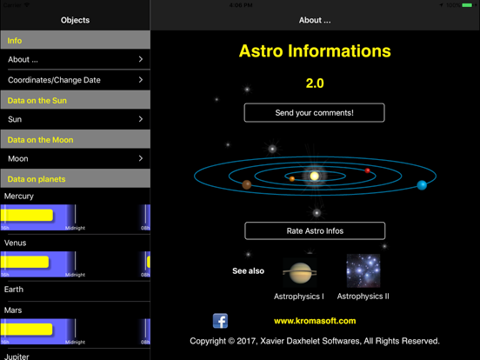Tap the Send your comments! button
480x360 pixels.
[314, 113]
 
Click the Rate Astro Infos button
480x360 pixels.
[314, 231]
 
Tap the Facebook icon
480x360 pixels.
[220, 322]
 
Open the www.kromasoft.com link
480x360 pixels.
[315, 321]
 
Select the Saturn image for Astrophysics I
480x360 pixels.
[299, 272]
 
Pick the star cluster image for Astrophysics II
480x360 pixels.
[363, 271]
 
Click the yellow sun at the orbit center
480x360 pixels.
[315, 177]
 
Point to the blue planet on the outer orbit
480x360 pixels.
[422, 184]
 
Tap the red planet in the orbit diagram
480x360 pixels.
[368, 170]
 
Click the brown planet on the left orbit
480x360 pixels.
[247, 184]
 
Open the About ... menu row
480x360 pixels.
[75, 60]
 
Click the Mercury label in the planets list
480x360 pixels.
[19, 197]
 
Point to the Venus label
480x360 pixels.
[16, 243]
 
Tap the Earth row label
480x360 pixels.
[14, 290]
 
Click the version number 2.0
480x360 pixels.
[315, 83]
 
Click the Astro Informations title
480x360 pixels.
[315, 51]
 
